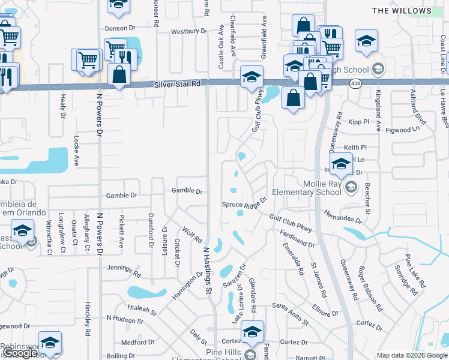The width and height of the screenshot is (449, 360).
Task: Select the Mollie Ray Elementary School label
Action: (x=302, y=188)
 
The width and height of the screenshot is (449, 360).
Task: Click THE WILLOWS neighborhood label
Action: (x=411, y=11)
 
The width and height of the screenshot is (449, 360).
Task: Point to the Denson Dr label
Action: (x=116, y=28)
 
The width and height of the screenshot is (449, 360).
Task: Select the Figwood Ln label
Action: (x=402, y=129)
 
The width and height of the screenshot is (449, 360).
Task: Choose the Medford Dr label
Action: (x=138, y=343)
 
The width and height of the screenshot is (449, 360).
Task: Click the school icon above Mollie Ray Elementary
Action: (x=341, y=163)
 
